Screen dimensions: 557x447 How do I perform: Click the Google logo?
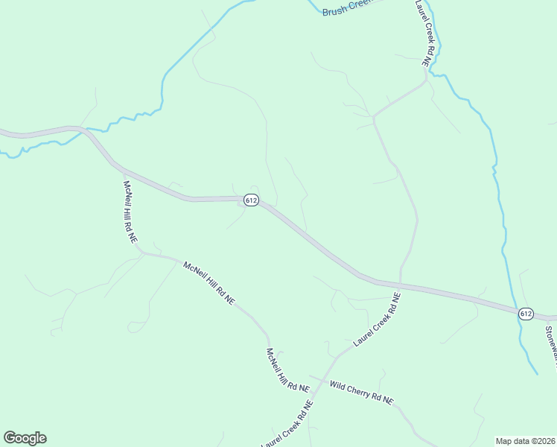click(25, 438)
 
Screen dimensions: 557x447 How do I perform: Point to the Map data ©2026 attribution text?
click(525, 440)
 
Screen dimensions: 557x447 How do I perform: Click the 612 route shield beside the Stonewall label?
click(526, 314)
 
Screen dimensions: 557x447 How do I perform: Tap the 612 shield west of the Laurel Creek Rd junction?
click(251, 200)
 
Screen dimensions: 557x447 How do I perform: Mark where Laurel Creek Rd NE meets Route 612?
click(401, 285)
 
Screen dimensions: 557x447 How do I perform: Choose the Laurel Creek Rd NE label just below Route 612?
click(377, 319)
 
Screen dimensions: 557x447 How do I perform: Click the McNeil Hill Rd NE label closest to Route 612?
click(130, 212)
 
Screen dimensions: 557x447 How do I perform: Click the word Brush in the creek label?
click(335, 10)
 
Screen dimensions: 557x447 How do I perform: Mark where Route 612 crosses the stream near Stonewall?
click(515, 309)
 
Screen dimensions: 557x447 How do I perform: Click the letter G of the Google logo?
click(10, 437)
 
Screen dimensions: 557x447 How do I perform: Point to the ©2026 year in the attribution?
click(540, 440)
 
